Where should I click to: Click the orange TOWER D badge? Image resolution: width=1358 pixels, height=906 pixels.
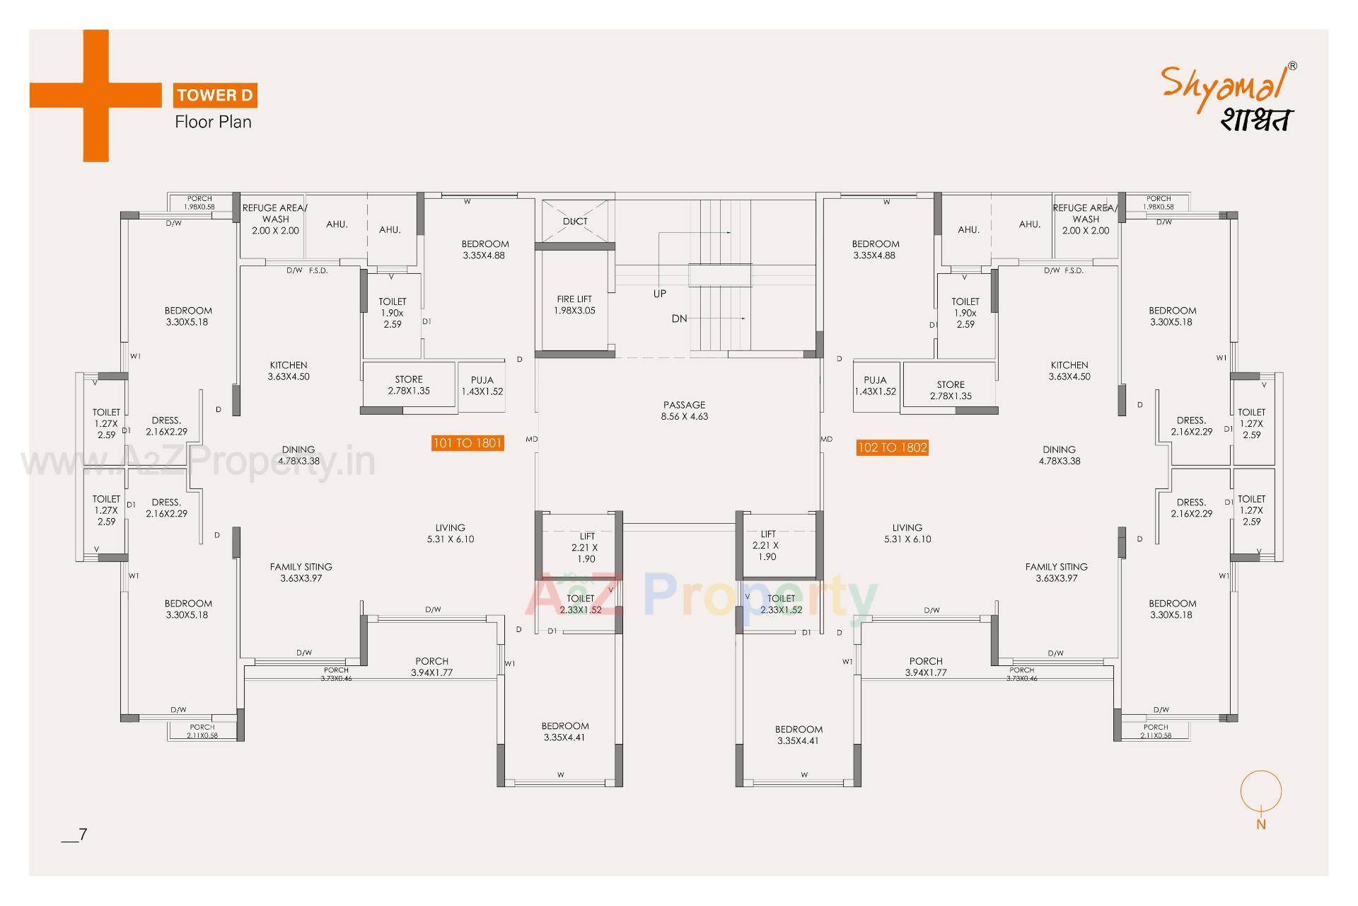coord(216,95)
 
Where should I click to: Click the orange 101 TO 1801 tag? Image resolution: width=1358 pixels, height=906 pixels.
coord(468,443)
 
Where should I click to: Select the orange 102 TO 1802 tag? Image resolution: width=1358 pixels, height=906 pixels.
coord(892,447)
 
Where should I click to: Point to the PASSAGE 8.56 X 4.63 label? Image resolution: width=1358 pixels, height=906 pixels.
coord(684,411)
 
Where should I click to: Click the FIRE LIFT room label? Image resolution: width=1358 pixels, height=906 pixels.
coord(574,305)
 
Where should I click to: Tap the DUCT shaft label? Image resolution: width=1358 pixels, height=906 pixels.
coord(575,221)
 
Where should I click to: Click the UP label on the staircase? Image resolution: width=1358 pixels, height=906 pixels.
coord(659,294)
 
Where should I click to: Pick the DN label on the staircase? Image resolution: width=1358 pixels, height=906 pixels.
coord(679,319)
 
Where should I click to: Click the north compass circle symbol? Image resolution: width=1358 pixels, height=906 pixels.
coord(1260,791)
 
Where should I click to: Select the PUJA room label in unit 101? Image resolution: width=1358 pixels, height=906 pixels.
coord(482,386)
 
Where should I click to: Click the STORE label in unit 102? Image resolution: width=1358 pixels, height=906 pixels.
coord(951,390)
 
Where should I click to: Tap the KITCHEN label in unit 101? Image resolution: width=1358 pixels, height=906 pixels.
coord(289,371)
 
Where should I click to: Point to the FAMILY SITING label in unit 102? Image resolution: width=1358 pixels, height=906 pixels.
coord(1056,572)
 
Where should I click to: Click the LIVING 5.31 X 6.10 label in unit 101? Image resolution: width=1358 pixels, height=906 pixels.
coord(450,533)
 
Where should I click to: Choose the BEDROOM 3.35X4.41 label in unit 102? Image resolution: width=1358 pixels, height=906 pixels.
coord(799,735)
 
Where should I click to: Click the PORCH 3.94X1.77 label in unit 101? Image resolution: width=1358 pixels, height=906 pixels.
coord(431,667)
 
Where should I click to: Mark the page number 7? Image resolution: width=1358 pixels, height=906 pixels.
coord(82,835)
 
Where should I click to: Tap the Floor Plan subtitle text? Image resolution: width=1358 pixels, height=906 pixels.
coord(213,122)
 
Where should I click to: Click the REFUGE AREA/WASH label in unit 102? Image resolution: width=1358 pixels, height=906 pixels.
coord(1085,219)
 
